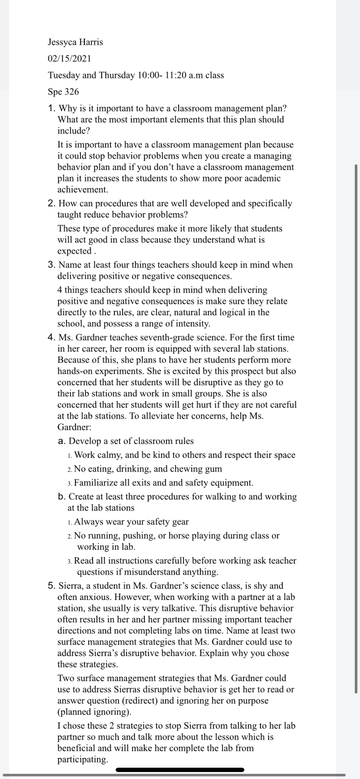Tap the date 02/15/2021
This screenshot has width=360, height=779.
pyautogui.click(x=69, y=59)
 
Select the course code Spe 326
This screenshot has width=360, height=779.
pyautogui.click(x=63, y=92)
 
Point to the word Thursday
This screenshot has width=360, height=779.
pyautogui.click(x=117, y=75)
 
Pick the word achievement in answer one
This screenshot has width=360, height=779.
pyautogui.click(x=83, y=190)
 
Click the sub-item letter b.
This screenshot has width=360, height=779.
pyautogui.click(x=61, y=497)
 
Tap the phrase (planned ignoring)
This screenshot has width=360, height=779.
pyautogui.click(x=94, y=712)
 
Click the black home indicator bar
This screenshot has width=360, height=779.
pyautogui.click(x=180, y=770)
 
